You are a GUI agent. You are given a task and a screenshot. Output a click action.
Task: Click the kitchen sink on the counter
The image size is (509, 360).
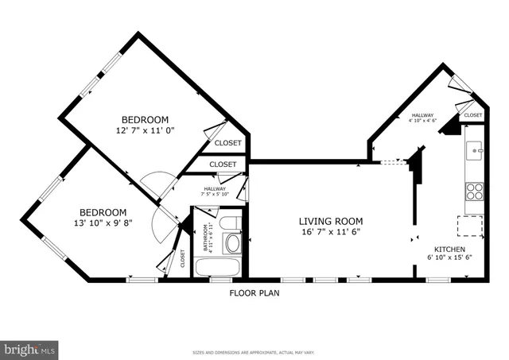(x=475, y=149)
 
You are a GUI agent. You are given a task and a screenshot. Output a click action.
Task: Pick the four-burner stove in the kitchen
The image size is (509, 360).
(x=475, y=191)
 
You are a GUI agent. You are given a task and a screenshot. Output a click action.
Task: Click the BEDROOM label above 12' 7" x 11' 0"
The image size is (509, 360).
(x=145, y=120)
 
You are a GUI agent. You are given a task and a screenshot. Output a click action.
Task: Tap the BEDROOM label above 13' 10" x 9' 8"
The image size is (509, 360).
(x=103, y=212)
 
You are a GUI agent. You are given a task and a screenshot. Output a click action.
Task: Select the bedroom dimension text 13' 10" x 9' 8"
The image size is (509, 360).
(x=103, y=223)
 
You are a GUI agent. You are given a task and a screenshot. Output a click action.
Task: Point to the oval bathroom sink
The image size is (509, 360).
(x=232, y=243)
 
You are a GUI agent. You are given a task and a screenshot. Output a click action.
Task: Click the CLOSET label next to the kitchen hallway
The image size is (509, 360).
(x=472, y=115)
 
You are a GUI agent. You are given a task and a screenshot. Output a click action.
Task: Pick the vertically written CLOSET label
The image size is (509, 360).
(x=182, y=257)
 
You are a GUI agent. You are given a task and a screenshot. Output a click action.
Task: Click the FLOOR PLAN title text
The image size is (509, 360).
(x=254, y=293)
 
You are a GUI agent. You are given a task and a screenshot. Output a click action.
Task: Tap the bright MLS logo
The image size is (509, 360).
(x=29, y=348)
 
